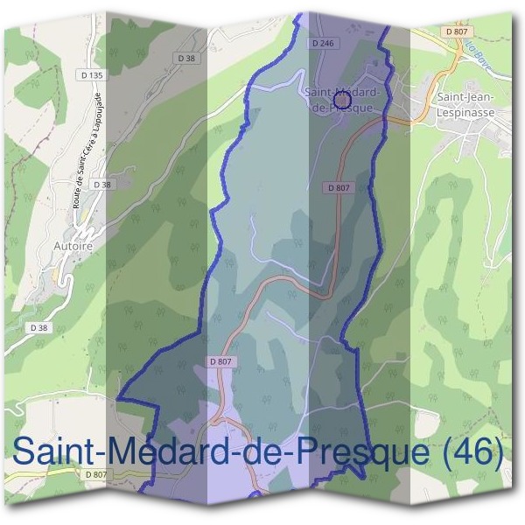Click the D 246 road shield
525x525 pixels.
point(323,41)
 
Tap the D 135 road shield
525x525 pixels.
point(91,76)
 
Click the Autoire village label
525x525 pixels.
point(73,247)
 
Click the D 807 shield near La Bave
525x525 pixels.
point(456,31)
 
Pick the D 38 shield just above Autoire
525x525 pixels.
point(102,185)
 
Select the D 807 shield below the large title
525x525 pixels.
point(96,474)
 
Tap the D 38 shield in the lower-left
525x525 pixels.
point(38,327)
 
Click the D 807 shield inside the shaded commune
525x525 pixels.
point(220,360)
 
